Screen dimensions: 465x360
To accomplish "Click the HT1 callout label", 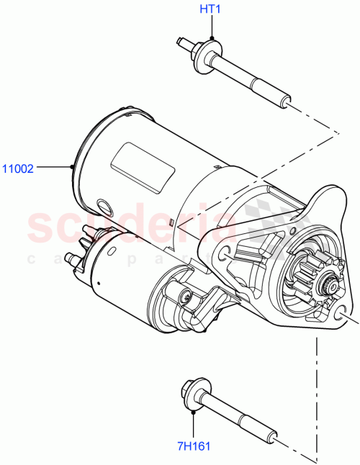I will coord(211,10).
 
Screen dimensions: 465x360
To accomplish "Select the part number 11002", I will coord(17,169).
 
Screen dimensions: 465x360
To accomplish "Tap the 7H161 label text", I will coord(194,446).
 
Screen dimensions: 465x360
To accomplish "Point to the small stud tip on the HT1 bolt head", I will coord(180,43).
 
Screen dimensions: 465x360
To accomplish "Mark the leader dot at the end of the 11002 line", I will coord(73,168).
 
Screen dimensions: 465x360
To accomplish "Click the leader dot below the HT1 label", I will coord(212,38).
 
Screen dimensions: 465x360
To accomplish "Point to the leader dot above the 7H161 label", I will coord(194,412).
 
